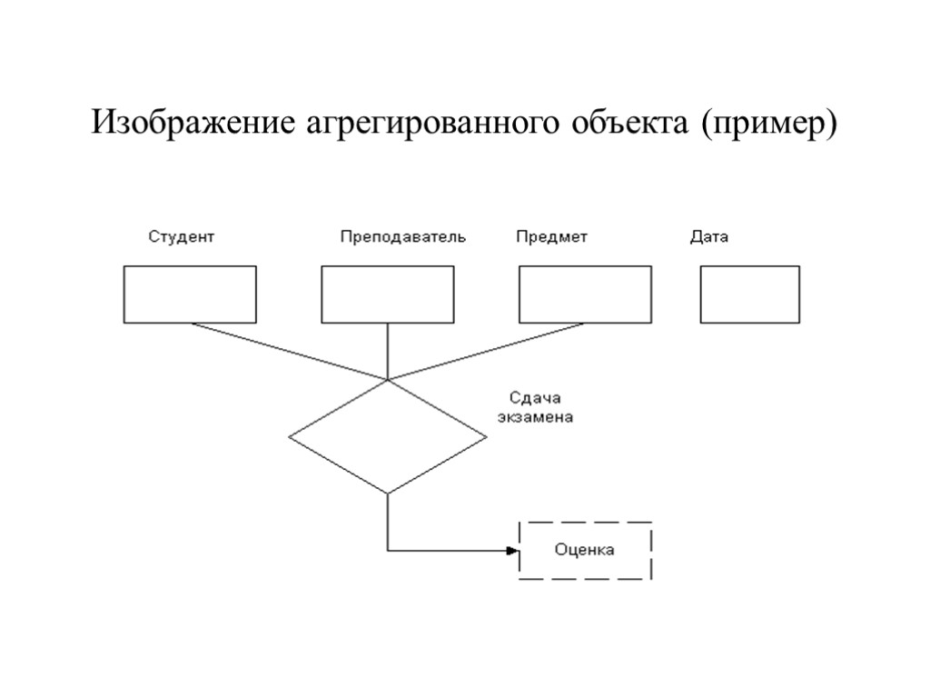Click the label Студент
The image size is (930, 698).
coord(182,237)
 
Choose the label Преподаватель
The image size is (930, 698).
coord(403,237)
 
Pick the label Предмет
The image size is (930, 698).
coord(552,237)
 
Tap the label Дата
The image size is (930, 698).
coord(709,237)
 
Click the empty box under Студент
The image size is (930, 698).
coord(190,294)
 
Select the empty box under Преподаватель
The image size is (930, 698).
coord(388,294)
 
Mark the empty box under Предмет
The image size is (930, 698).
coord(586,294)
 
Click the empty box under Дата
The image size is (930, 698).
coord(750,294)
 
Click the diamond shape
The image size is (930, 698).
coord(388,437)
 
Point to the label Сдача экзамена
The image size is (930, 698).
coord(535,408)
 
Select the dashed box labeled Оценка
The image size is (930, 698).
coord(585,550)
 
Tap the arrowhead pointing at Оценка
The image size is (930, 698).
coord(512,550)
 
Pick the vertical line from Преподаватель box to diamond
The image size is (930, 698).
coord(388,351)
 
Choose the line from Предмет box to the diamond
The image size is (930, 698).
coord(487,352)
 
